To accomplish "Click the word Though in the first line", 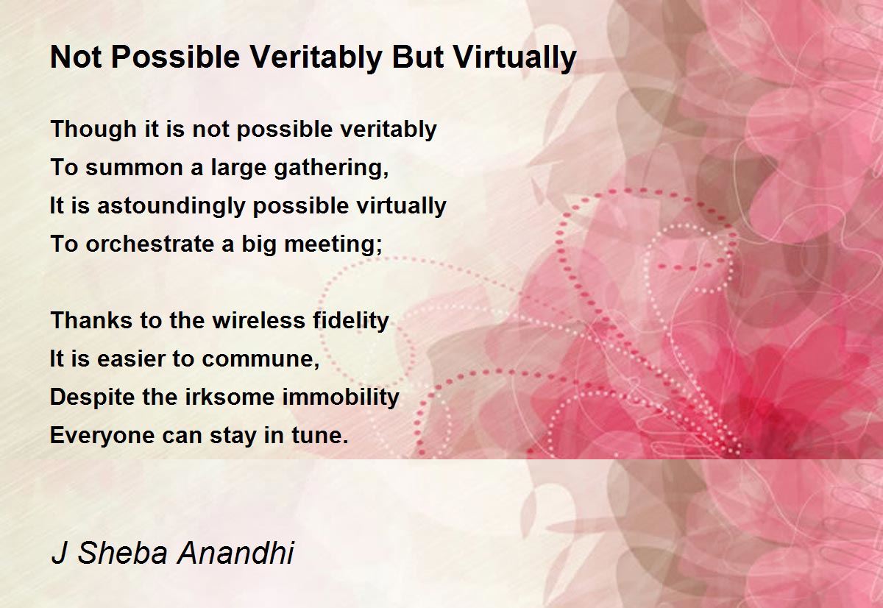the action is click(x=93, y=130).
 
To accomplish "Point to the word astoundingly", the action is click(x=171, y=206).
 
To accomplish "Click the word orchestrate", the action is click(x=150, y=244).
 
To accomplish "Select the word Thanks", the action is click(x=91, y=320).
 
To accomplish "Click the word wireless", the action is click(x=259, y=320).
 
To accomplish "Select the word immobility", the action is click(x=341, y=397).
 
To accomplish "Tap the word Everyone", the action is click(x=102, y=436).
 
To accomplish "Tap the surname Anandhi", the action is click(x=235, y=553).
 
